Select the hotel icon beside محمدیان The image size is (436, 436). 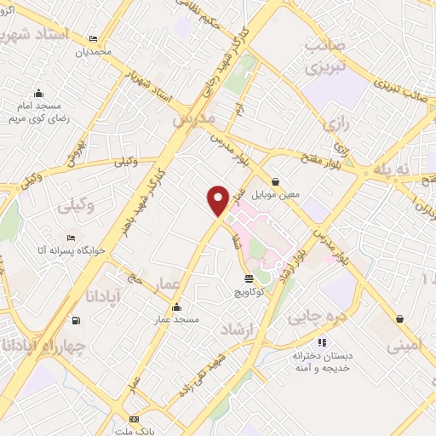93,39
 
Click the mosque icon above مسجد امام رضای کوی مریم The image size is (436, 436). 37,94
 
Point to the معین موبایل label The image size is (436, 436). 278,194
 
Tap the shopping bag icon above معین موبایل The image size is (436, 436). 277,181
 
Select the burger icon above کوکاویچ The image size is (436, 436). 249,278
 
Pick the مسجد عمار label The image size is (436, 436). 176,319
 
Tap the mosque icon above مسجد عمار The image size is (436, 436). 176,307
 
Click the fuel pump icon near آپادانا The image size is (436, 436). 77,320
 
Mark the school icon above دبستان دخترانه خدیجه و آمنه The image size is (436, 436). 299,342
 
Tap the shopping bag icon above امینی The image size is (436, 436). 399,319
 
